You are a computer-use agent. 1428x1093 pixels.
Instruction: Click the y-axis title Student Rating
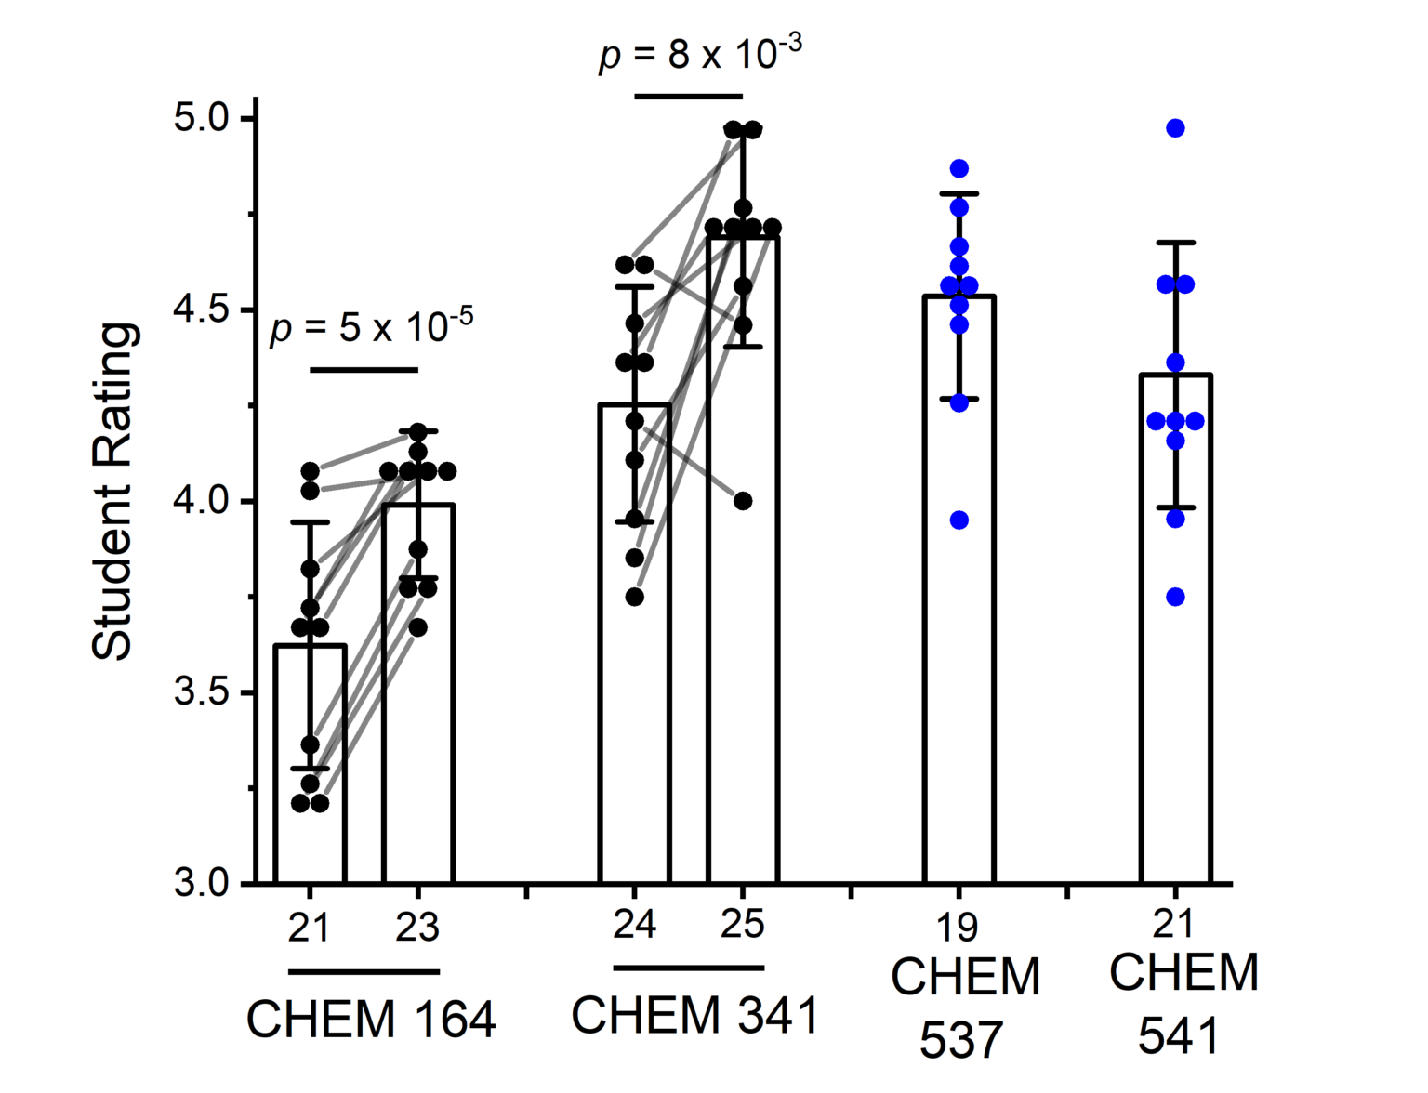click(x=115, y=492)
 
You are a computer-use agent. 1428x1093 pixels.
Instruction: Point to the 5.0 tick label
click(x=202, y=119)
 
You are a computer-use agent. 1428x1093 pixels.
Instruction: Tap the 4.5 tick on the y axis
click(x=202, y=310)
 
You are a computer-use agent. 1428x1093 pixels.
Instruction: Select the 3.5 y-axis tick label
click(x=202, y=693)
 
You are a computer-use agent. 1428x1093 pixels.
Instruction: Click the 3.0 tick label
click(x=202, y=883)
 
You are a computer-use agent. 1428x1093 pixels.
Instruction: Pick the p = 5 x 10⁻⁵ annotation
click(x=370, y=326)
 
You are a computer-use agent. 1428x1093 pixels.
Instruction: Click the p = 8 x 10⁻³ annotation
click(x=699, y=53)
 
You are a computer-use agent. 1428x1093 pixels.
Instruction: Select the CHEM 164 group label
click(x=370, y=1020)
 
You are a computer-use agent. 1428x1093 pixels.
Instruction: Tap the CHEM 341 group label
click(x=694, y=1015)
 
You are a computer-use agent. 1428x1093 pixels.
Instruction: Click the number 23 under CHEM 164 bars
click(x=416, y=928)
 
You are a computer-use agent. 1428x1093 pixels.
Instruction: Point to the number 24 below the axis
click(x=634, y=925)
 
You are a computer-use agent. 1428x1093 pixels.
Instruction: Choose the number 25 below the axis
click(x=742, y=925)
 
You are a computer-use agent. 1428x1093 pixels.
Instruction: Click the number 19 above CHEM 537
click(x=958, y=927)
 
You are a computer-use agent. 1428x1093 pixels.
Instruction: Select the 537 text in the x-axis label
click(x=961, y=1040)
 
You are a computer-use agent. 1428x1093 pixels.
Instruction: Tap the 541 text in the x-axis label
click(x=1179, y=1035)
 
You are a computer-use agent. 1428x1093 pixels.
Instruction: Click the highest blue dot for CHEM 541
click(x=1176, y=128)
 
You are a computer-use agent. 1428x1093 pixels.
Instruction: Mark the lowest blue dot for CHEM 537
click(x=959, y=520)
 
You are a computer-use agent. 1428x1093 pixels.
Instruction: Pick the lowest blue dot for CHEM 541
click(x=1176, y=597)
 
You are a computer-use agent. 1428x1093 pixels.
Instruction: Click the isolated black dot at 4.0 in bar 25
click(x=743, y=501)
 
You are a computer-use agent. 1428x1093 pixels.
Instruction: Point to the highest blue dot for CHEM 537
click(x=959, y=168)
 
